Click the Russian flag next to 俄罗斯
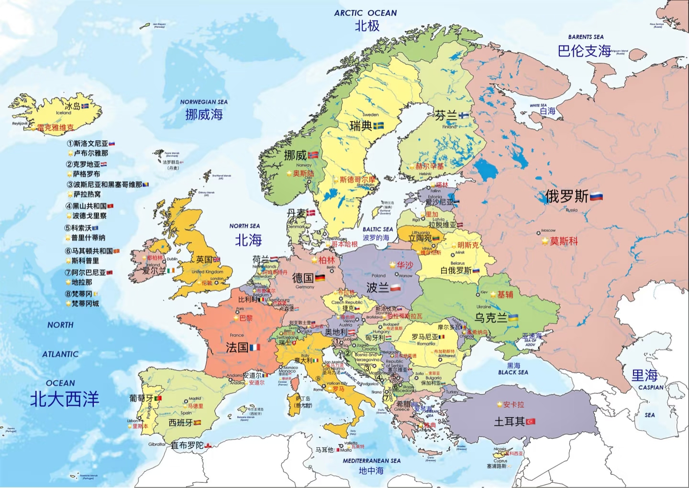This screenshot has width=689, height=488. pyautogui.click(x=596, y=196)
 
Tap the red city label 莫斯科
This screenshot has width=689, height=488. pyautogui.click(x=564, y=241)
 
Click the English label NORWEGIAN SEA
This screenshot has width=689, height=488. pyautogui.click(x=204, y=102)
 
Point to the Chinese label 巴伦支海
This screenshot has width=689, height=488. pyautogui.click(x=584, y=51)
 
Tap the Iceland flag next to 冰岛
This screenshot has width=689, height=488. pyautogui.click(x=85, y=106)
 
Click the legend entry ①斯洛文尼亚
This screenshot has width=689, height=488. pyautogui.click(x=90, y=143)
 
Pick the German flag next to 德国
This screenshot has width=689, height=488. pyautogui.click(x=320, y=278)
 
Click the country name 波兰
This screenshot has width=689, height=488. pyautogui.click(x=378, y=287)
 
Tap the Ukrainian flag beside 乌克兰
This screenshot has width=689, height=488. pyautogui.click(x=513, y=318)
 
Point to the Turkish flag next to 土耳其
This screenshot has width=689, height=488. pyautogui.click(x=531, y=421)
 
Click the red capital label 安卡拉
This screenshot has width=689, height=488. pyautogui.click(x=513, y=405)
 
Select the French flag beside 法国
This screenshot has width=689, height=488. pyautogui.click(x=255, y=347)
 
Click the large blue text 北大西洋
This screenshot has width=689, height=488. pyautogui.click(x=65, y=399)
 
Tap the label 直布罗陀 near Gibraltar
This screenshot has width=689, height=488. pyautogui.click(x=187, y=445)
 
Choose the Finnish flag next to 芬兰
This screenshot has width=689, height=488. pyautogui.click(x=464, y=116)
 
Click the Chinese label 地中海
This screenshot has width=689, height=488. pyautogui.click(x=371, y=471)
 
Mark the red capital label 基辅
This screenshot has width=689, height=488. pyautogui.click(x=505, y=295)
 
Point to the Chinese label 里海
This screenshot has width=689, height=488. pyautogui.click(x=645, y=375)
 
